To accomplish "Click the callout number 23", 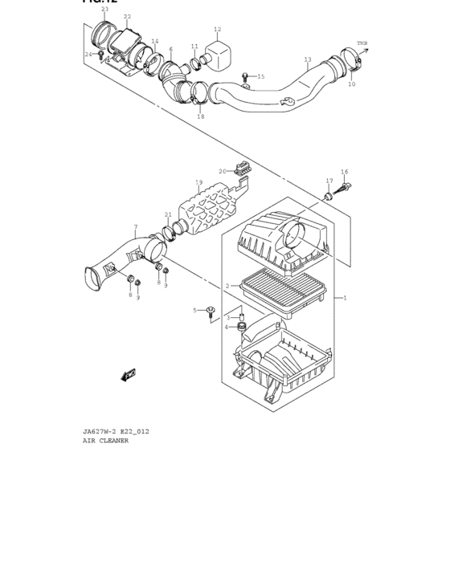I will pos(104,9).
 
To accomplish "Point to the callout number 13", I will pos(307,59).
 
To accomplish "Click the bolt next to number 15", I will pos(244,76).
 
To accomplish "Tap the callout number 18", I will pos(200,116).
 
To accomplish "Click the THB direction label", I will pos(362,43).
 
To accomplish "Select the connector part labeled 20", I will pos(239,170).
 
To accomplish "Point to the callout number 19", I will pos(198,182).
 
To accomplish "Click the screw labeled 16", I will pos(346,189).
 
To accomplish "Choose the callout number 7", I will pos(135,227).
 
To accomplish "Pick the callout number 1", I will pos(346,298).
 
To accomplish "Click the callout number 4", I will pos(227,327).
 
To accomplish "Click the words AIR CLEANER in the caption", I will pos(105,441).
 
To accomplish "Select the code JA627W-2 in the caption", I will pos(99,431).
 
